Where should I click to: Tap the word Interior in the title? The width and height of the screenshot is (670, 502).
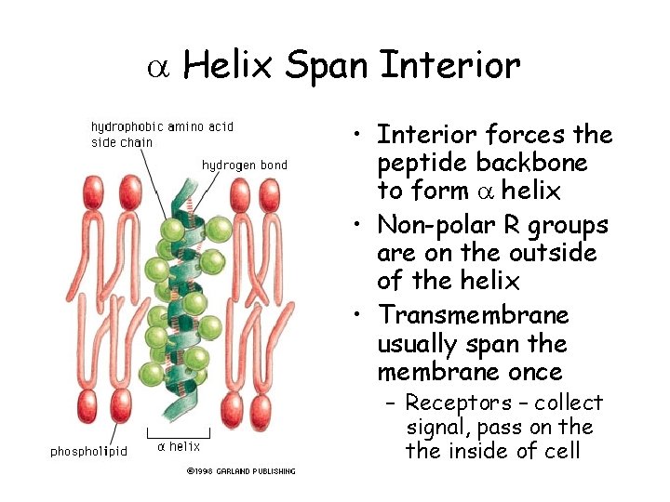[450, 65]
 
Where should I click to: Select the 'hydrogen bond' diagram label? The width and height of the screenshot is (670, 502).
[245, 165]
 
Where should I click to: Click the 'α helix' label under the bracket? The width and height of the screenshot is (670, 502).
[179, 446]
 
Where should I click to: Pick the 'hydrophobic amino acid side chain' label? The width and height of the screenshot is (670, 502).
[162, 134]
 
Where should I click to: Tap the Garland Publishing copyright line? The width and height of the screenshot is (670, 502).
[241, 471]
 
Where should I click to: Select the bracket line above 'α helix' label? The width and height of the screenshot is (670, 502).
[179, 433]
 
